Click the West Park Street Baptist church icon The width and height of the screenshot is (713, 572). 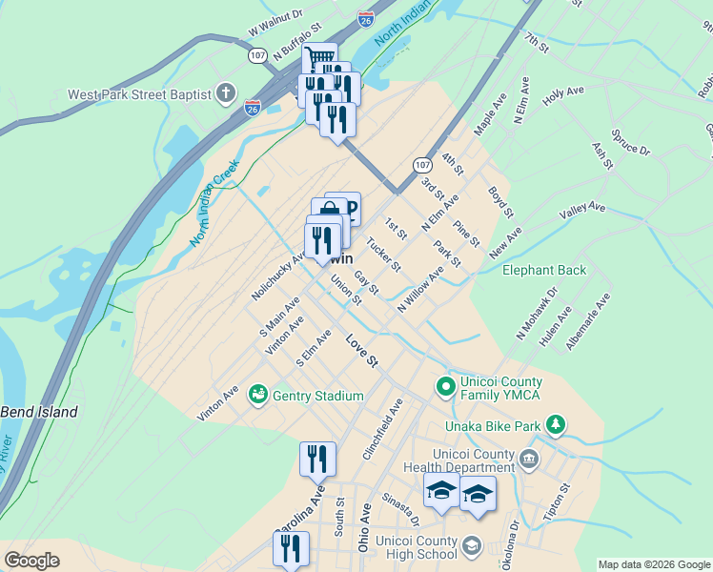click(225, 93)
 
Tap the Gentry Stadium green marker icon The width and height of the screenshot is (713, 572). click(257, 395)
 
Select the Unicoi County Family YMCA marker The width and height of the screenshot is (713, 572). click(445, 386)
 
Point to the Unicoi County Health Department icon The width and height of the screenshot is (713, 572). click(529, 461)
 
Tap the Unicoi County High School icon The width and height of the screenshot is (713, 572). click(471, 546)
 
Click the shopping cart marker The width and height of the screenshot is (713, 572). click(320, 59)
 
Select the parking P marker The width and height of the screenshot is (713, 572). click(349, 208)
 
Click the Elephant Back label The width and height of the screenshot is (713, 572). click(544, 270)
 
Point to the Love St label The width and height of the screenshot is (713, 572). click(362, 350)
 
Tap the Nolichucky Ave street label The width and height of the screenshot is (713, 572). click(278, 277)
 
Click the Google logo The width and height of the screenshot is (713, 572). click(31, 561)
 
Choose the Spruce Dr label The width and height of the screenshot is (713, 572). click(631, 143)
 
